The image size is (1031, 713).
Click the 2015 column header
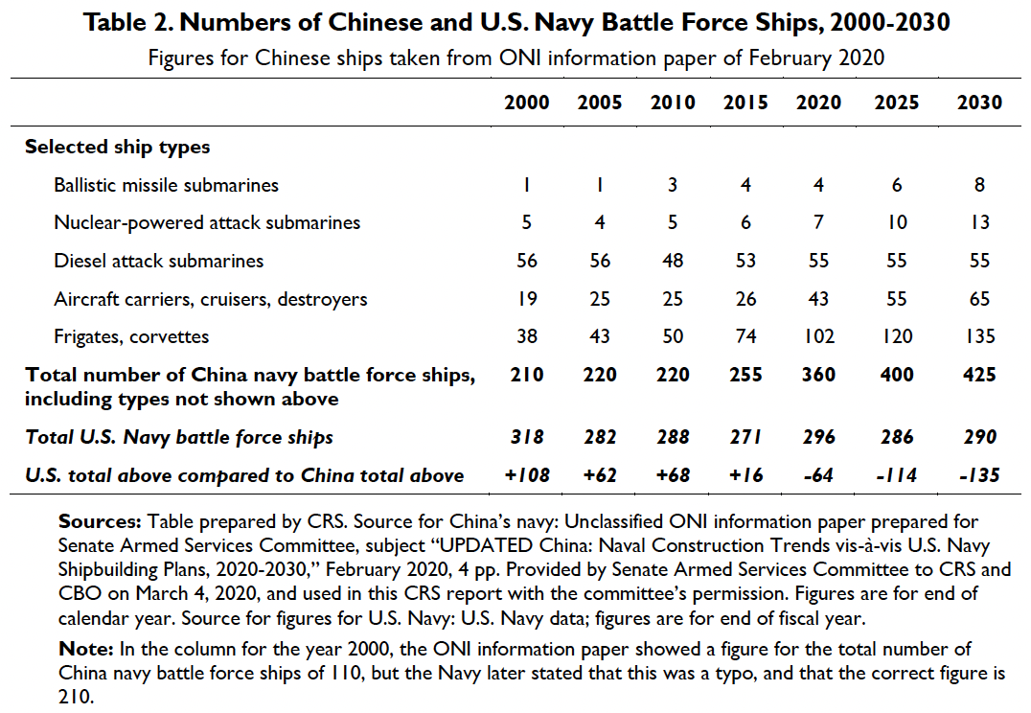point(745,103)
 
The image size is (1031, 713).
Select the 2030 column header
point(979,103)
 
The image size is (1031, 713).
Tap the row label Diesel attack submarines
point(159,261)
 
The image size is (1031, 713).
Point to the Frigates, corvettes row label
point(131,336)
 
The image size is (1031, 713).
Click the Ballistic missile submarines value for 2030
point(979,185)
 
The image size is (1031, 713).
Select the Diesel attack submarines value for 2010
point(673,261)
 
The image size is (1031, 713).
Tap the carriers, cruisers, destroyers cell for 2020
point(819,299)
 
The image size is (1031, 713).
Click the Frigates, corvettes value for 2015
point(745,336)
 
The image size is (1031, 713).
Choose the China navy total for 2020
point(819,374)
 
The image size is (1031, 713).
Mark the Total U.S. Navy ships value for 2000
point(527,437)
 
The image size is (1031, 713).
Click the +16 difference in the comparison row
point(745,475)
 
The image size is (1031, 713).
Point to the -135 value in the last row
point(978,475)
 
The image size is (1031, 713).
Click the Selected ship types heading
point(118,147)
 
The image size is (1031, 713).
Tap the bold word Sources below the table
point(100,522)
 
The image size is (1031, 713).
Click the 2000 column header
point(527,103)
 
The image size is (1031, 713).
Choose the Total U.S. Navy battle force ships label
point(180,437)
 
